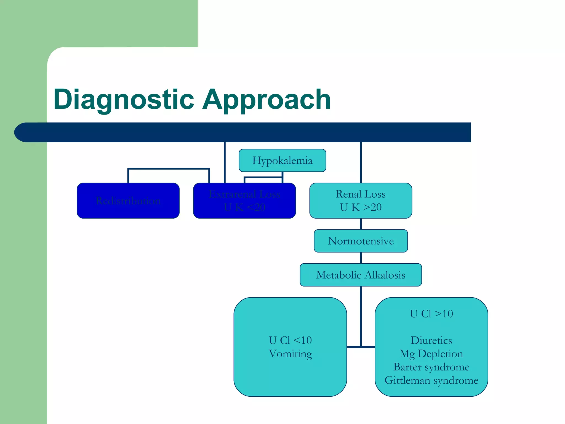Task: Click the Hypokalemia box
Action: coord(282,160)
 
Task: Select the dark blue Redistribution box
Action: coord(128,201)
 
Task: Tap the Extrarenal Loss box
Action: coord(244,201)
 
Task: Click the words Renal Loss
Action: coord(361,194)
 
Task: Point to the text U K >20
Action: coord(361,207)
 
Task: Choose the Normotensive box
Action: coord(361,241)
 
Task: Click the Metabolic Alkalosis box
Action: coord(361,275)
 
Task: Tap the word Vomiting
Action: coord(290,354)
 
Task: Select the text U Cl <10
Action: coord(290,340)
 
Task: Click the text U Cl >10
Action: coord(431,314)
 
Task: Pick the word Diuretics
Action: coord(431,340)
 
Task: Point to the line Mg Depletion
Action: coord(431,354)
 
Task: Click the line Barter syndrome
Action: coord(431,367)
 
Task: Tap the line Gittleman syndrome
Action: coord(431,380)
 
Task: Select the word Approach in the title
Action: coord(266,99)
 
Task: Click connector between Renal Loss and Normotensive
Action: coord(361,224)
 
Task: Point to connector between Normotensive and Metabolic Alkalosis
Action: coord(361,258)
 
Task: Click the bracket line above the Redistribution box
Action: coord(168,169)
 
